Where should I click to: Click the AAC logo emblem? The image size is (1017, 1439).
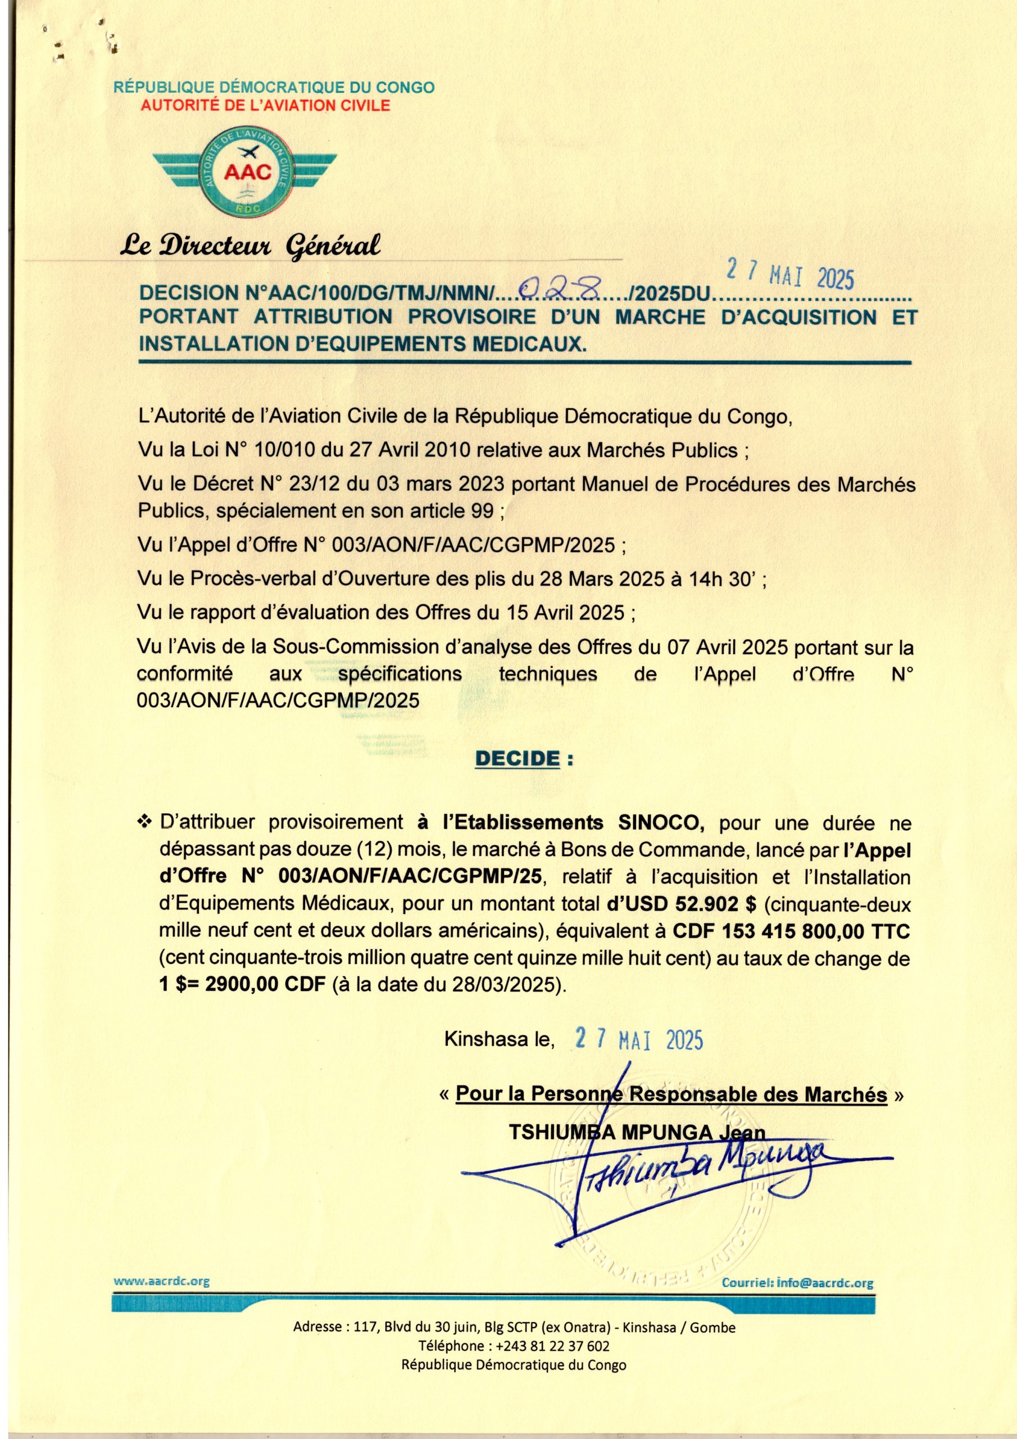[x=245, y=170]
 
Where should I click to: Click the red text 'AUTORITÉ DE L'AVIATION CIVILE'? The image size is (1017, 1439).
[x=265, y=105]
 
